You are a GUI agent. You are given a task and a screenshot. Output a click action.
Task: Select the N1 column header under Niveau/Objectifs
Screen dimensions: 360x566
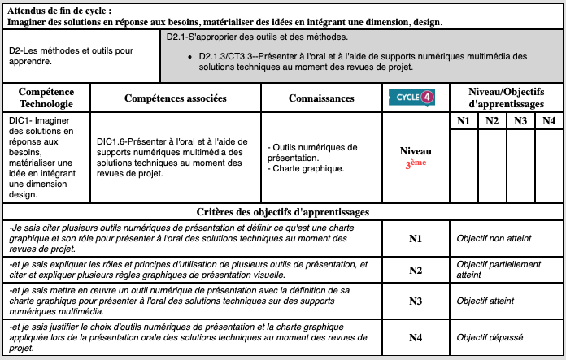(x=464, y=121)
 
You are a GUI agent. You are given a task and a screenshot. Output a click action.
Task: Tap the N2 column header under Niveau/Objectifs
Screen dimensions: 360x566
(x=492, y=121)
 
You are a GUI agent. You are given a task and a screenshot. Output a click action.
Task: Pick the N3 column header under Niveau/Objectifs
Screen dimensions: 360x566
(x=520, y=121)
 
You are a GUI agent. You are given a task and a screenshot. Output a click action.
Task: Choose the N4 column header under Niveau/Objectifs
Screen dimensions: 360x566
(x=549, y=121)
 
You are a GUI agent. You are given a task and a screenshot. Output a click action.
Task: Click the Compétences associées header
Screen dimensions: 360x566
(x=175, y=98)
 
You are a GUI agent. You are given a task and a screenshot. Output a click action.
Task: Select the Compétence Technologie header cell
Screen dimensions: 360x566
(x=46, y=98)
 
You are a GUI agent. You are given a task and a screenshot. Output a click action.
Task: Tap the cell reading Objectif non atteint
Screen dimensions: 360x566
(x=494, y=238)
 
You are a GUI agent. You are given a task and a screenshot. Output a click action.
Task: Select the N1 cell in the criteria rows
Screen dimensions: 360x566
(x=416, y=238)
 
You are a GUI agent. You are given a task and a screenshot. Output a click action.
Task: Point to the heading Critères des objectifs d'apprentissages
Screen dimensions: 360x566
(x=283, y=211)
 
